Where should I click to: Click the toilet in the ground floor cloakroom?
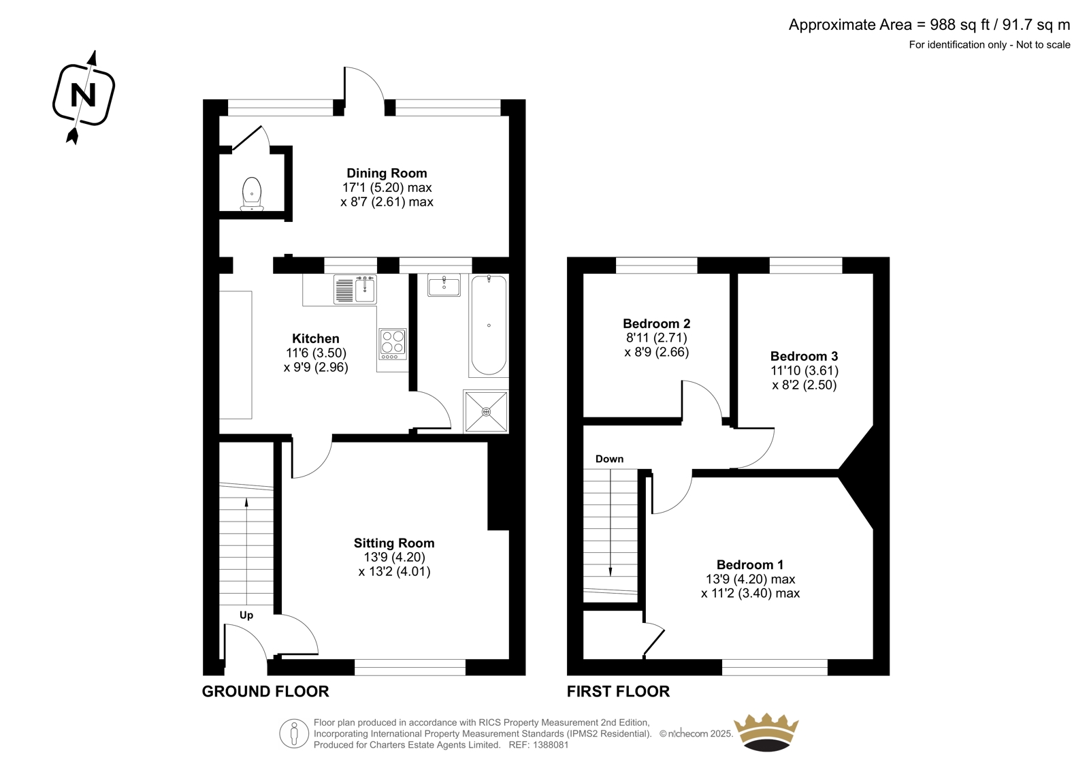point(252,194)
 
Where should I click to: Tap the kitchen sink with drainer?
point(355,289)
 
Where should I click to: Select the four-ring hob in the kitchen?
point(393,344)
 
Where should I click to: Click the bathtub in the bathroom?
point(489,325)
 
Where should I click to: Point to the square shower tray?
point(486,411)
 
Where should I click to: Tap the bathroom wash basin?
point(443,285)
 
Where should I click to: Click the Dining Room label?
point(387,173)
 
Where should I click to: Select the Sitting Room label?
point(394,543)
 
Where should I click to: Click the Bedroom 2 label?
point(657,323)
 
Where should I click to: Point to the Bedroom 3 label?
point(804,356)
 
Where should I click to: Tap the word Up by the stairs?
point(246,615)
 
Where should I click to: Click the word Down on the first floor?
point(610,459)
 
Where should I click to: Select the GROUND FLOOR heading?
point(265,692)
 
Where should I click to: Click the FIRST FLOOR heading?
point(619,692)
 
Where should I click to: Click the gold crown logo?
point(766,732)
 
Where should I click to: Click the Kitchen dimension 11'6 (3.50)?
point(316,353)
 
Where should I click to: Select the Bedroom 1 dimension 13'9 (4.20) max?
point(751,579)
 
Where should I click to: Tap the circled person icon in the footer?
point(294,733)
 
